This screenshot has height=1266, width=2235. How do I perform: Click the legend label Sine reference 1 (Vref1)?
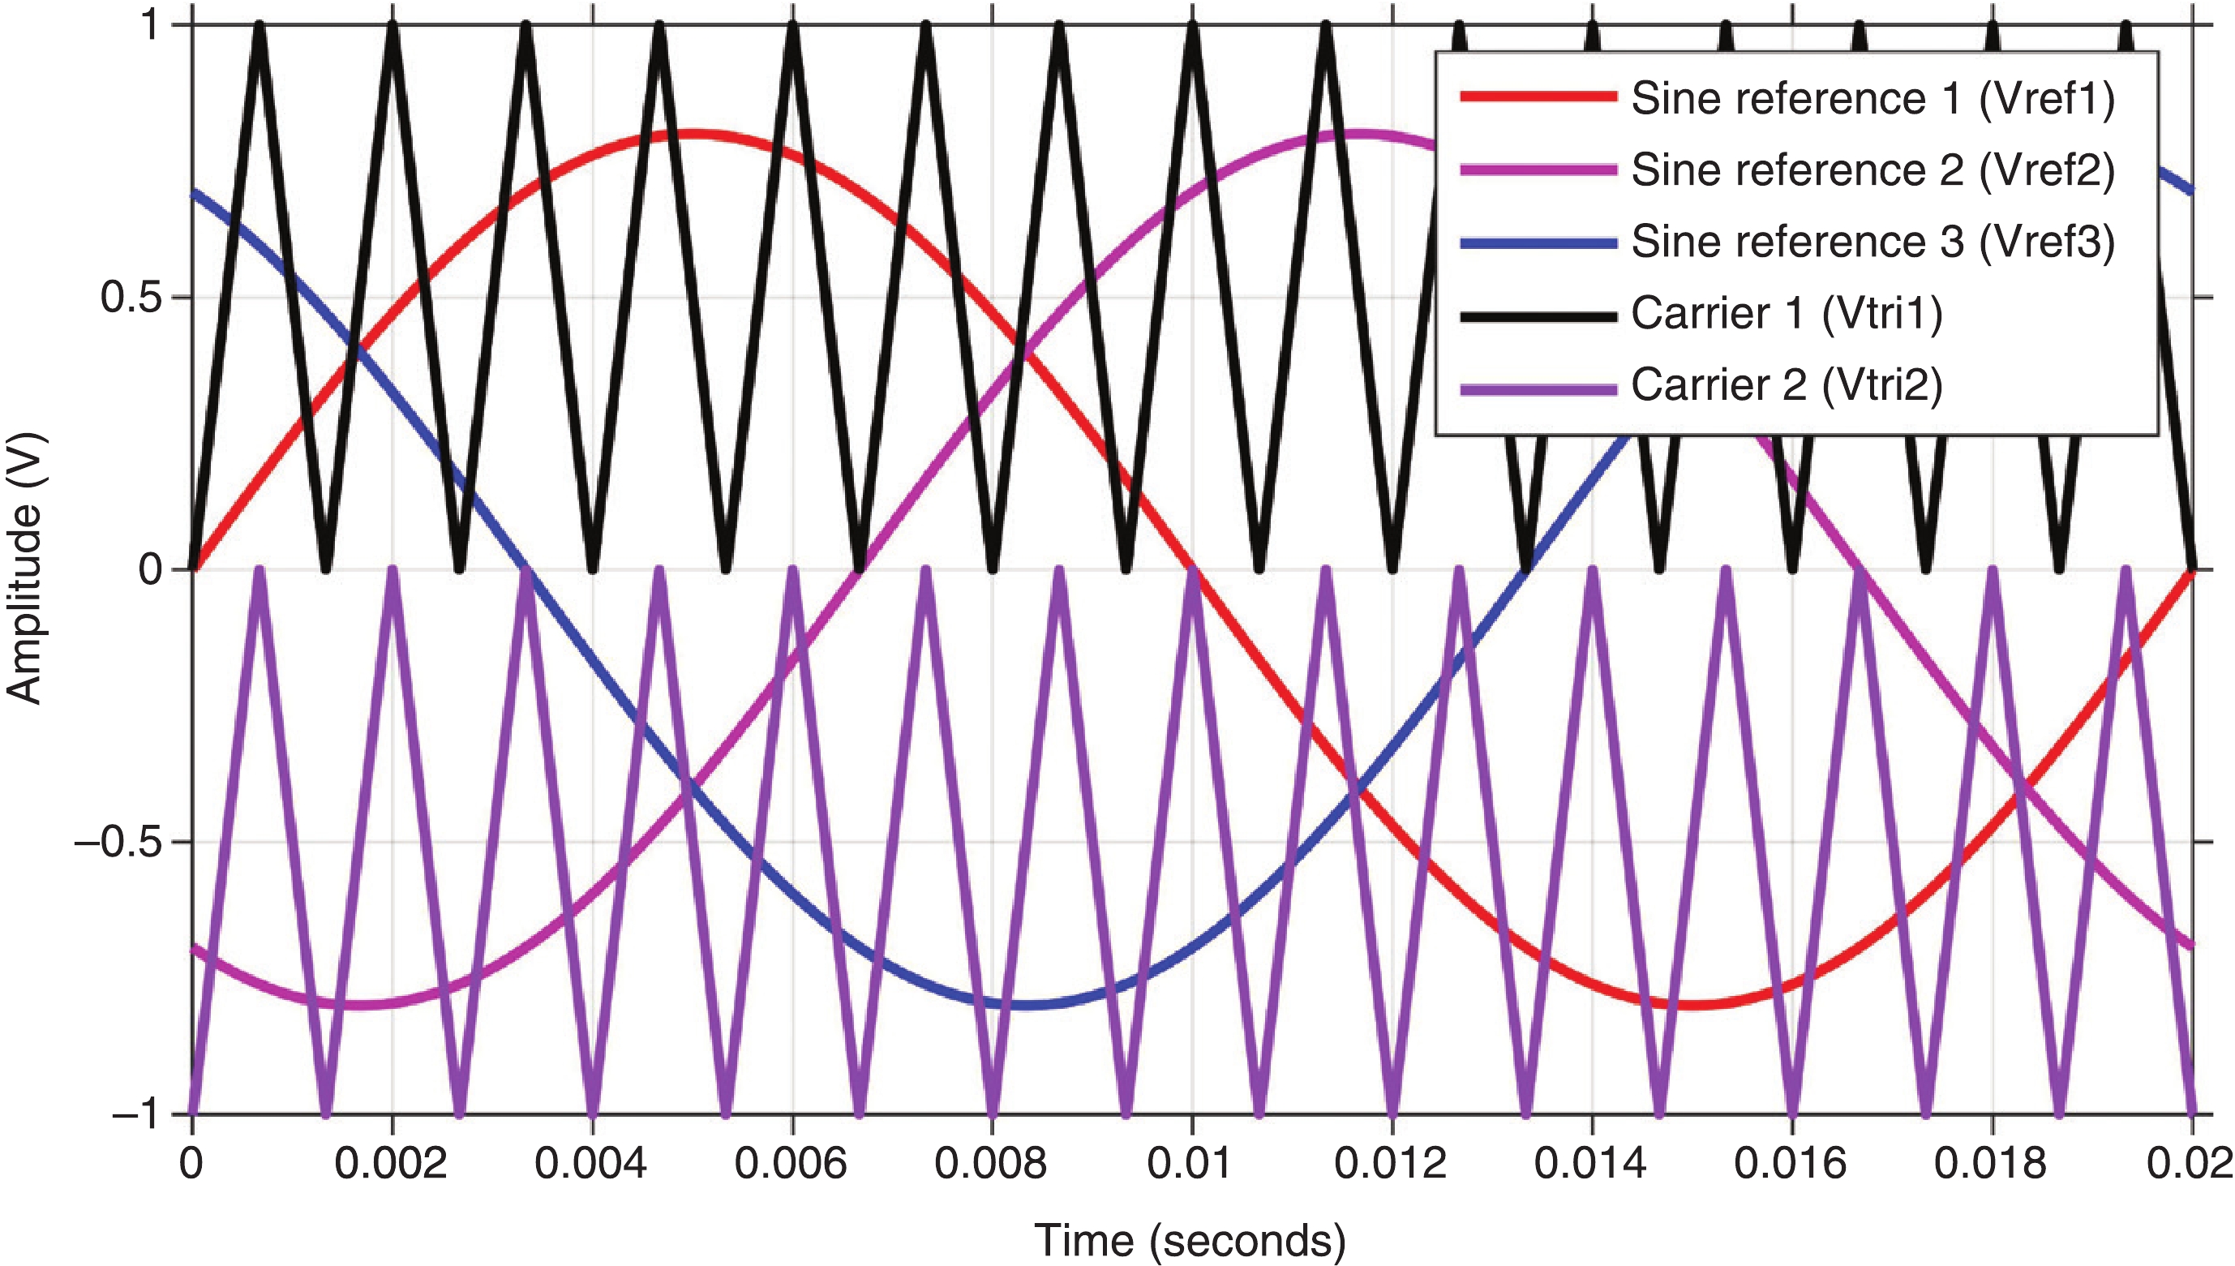pos(1873,98)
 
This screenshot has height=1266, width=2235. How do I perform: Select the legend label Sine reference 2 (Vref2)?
pos(1873,170)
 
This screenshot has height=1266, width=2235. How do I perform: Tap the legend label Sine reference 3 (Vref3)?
pos(1873,242)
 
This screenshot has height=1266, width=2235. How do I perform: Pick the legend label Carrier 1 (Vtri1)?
pos(1786,313)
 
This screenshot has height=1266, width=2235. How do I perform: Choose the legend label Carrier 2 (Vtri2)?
pos(1786,384)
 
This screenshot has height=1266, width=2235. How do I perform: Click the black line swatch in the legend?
pos(1537,316)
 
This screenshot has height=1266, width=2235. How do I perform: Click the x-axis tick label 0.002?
pos(391,1163)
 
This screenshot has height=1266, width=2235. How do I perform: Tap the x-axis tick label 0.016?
pos(1791,1163)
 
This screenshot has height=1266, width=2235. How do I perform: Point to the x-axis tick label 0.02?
pos(2189,1163)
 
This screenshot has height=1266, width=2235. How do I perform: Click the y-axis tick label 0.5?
pos(131,298)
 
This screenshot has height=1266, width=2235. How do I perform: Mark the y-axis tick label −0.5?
pos(118,843)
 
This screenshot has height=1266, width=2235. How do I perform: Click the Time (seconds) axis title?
pos(1189,1239)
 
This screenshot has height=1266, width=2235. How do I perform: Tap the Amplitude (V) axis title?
pos(24,569)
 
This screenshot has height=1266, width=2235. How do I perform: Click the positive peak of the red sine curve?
pos(692,135)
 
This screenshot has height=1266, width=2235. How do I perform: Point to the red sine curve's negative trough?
pos(1692,1004)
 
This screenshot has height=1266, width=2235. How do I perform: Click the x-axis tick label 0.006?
pos(790,1163)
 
